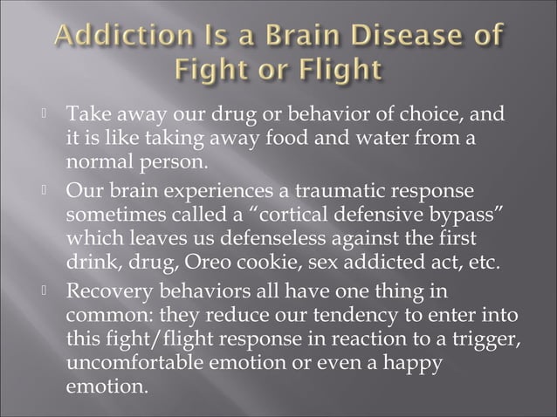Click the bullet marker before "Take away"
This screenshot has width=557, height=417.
pos(45,113)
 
